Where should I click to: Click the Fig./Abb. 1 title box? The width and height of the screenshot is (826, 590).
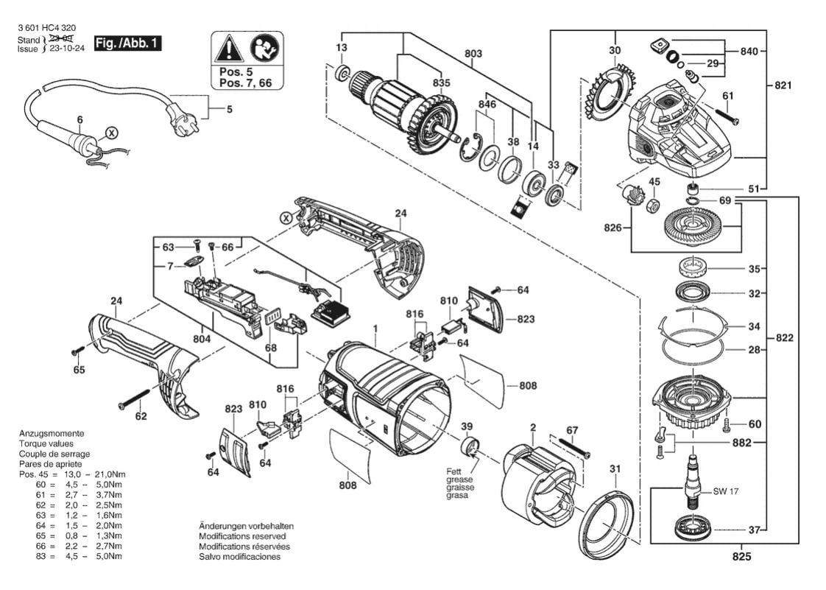(x=127, y=43)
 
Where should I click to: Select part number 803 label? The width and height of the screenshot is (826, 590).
(x=473, y=54)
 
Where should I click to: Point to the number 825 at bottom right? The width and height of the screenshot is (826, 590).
(x=743, y=557)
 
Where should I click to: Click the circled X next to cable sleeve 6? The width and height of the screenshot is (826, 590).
(x=110, y=133)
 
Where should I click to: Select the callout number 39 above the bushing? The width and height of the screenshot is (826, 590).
(x=467, y=427)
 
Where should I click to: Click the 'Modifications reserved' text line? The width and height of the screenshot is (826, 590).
(x=244, y=536)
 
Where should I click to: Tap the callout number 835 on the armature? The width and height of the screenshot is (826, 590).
(x=441, y=83)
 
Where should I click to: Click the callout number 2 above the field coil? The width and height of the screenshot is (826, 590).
(x=532, y=427)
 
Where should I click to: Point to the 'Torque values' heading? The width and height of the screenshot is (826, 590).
(x=46, y=444)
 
